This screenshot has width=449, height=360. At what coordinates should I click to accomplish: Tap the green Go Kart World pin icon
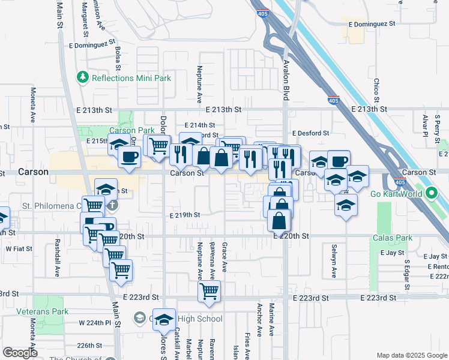tap(431, 193)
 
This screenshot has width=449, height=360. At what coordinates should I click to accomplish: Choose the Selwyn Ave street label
tap(334, 260)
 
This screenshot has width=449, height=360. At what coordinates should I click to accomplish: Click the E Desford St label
tap(310, 133)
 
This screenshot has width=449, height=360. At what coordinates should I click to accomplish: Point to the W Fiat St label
tap(19, 248)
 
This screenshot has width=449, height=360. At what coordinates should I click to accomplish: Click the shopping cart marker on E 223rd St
tap(209, 292)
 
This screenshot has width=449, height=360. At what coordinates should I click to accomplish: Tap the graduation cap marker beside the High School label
tap(164, 320)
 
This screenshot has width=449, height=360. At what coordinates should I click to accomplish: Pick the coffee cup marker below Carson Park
tap(129, 157)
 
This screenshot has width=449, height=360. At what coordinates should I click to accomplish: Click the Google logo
tap(20, 353)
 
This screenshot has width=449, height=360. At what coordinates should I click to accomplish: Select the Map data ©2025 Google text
tap(411, 355)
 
